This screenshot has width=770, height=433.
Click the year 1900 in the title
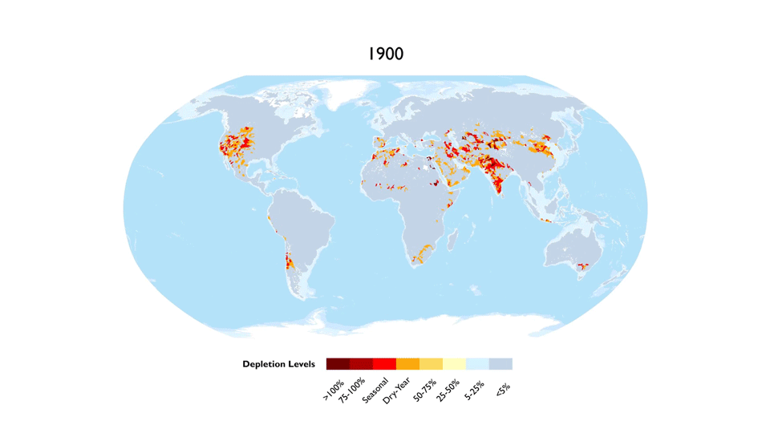[385, 55]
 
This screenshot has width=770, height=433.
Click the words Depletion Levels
[278, 365]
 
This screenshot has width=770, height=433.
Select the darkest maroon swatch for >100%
[338, 364]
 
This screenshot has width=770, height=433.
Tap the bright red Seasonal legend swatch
[384, 364]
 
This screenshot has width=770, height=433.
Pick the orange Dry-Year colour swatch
[407, 364]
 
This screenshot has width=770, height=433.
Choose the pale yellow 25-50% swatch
[454, 364]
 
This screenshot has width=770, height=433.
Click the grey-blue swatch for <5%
[500, 364]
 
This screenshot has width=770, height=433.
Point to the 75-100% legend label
[353, 391]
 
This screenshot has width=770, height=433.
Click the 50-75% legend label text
[425, 390]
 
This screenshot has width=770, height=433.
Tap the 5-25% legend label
[474, 389]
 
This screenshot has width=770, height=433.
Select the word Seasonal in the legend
[375, 391]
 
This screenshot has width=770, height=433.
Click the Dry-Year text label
[398, 391]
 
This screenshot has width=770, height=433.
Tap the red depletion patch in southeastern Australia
[583, 266]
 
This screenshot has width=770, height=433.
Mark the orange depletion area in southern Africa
[421, 253]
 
